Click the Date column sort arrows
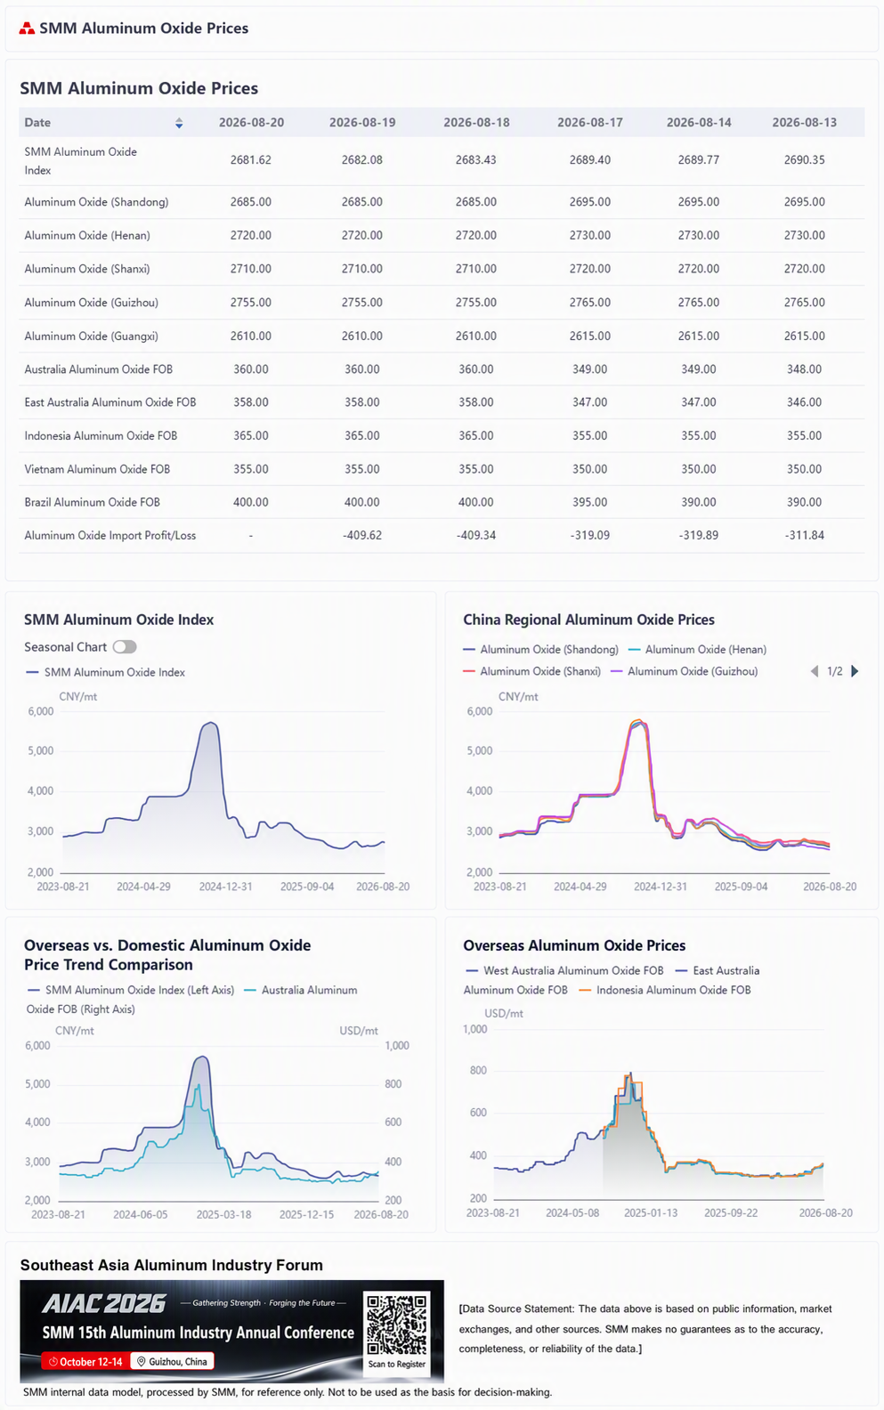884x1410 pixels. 179,123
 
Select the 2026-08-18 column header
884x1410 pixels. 476,122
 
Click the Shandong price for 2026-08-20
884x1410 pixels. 250,202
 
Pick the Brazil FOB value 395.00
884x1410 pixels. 589,502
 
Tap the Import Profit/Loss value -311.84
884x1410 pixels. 804,536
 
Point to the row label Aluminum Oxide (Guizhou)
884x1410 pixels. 92,303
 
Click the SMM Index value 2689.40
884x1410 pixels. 589,160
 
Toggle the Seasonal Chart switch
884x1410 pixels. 125,646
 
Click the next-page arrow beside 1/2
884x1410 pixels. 855,671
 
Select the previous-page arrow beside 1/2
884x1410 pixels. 815,671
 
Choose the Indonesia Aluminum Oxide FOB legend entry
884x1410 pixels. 665,990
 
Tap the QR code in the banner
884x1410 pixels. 397,1324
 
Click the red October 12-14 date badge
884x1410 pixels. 85,1362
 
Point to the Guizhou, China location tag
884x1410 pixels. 172,1362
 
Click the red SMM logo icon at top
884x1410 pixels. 27,28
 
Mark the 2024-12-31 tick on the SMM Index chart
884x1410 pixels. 225,887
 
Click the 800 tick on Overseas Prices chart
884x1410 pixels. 479,1070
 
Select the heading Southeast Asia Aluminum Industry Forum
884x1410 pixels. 171,1265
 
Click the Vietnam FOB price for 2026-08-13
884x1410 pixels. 804,469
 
